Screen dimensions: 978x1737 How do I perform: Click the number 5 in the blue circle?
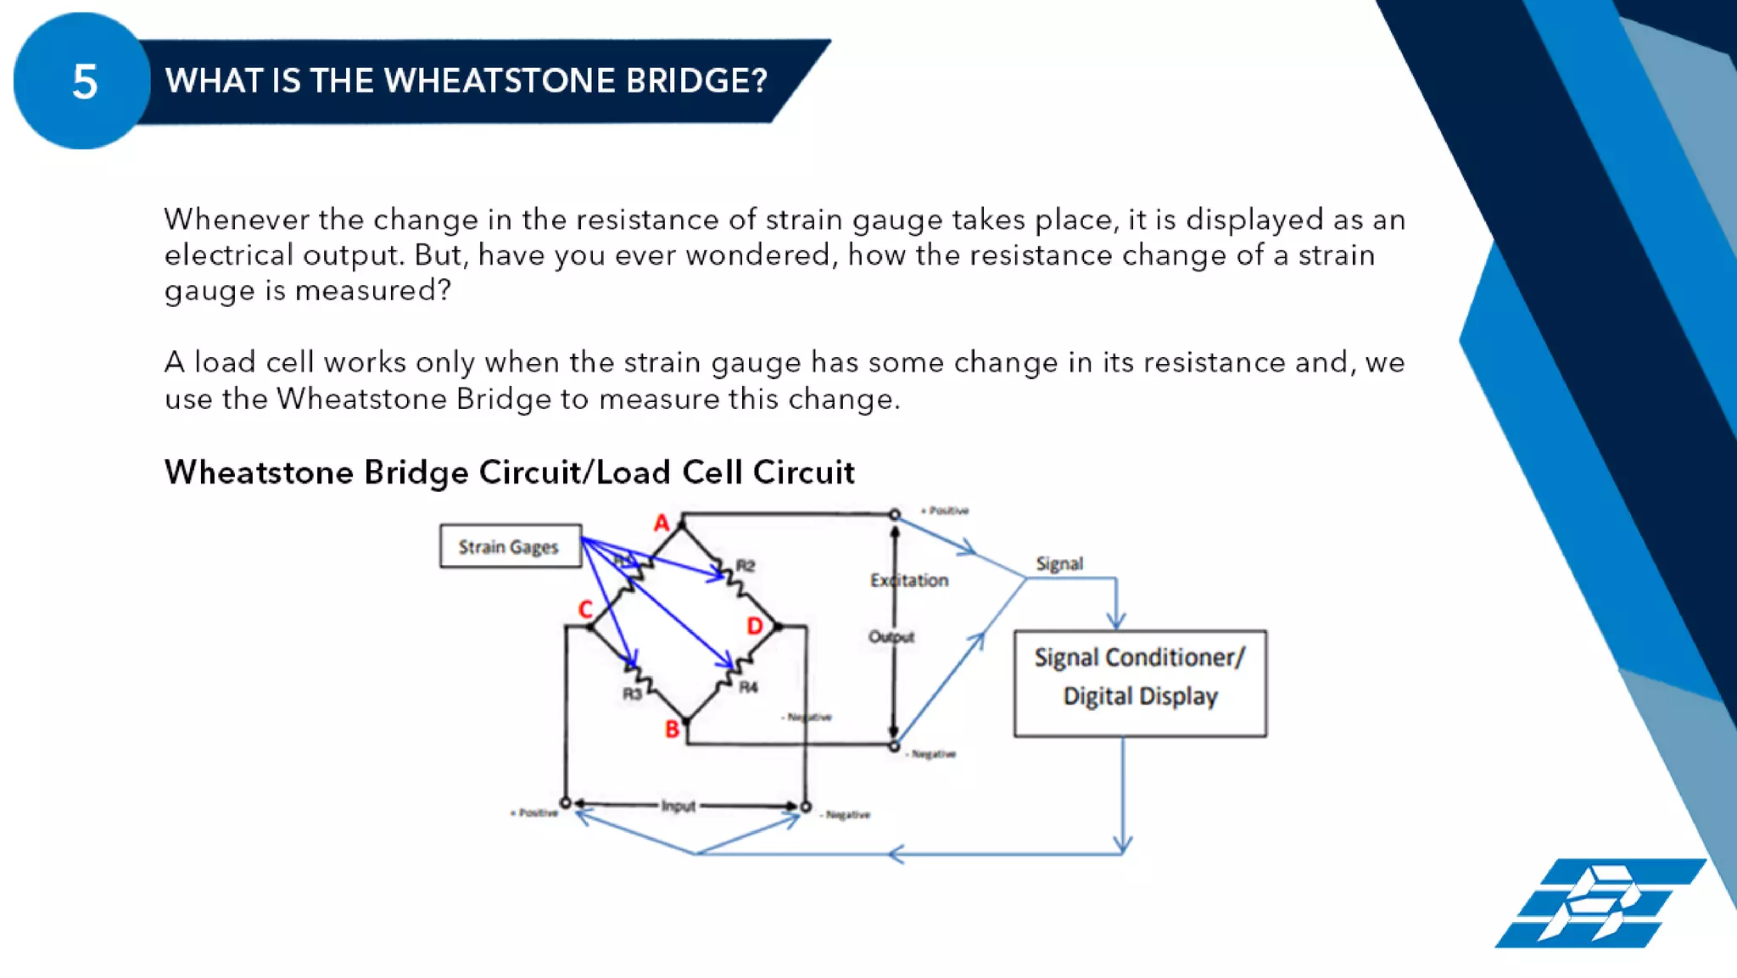pos(84,82)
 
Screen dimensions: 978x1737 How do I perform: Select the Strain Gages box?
pos(510,546)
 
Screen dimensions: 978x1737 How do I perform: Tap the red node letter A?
pos(662,523)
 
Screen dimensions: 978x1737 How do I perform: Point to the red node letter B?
pos(672,729)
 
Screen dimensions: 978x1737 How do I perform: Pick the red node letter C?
pos(584,609)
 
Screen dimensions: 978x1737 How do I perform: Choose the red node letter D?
pos(754,626)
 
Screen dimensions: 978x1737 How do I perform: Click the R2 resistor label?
pos(745,566)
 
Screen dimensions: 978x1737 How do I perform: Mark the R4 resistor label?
pos(748,687)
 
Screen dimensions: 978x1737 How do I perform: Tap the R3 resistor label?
pos(632,694)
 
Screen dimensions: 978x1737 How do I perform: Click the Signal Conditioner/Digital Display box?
pos(1140,683)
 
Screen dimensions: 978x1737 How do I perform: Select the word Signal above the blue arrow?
pos(1058,564)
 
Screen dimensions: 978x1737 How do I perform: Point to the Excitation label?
pos(909,580)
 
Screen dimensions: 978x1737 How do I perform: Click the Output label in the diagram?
pos(891,637)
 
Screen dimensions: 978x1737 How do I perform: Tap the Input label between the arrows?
pos(678,806)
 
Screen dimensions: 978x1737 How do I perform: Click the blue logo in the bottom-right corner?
pos(1599,903)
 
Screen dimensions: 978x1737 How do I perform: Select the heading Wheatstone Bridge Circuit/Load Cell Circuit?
pos(509,472)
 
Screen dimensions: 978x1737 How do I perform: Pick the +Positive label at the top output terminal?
pos(945,511)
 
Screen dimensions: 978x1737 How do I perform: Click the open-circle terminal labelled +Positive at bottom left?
pos(566,802)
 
